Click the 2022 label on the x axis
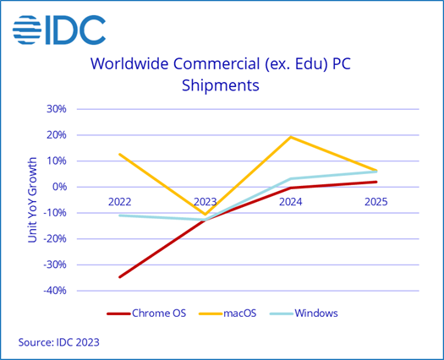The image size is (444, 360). point(119,202)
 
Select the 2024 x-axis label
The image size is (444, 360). point(291,202)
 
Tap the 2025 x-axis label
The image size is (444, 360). point(376,202)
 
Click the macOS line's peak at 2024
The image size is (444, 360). point(291,137)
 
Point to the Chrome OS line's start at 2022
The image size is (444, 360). point(119,277)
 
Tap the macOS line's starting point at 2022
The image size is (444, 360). point(119,154)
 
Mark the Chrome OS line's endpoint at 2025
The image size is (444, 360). point(376,182)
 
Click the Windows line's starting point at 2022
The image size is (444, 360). point(119,215)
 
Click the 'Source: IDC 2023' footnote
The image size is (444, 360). point(64,342)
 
